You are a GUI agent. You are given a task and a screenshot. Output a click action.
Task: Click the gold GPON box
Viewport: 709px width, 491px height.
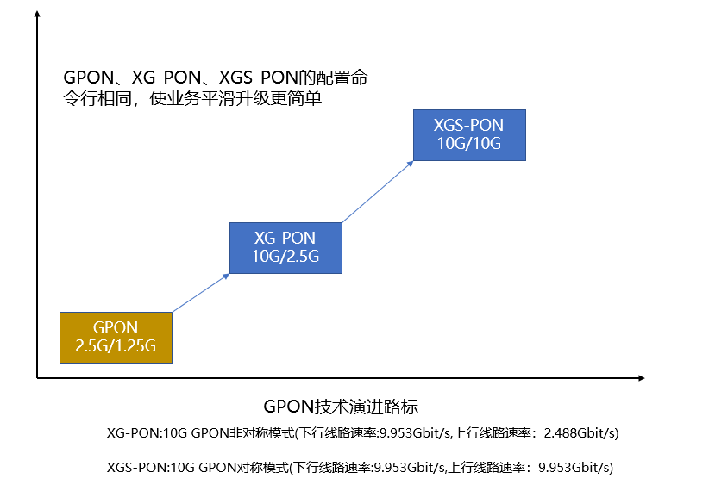[116, 337]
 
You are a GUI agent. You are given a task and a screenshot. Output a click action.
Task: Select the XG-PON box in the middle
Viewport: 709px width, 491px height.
[285, 247]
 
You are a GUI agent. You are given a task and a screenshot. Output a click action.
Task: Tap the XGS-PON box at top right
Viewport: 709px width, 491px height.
[469, 134]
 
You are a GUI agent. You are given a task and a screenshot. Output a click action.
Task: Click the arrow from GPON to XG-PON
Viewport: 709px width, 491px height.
[200, 293]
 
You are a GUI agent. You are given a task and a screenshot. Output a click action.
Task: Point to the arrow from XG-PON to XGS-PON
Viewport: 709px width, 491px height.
[377, 191]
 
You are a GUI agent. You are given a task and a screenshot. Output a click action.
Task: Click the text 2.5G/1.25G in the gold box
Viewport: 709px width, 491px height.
[116, 346]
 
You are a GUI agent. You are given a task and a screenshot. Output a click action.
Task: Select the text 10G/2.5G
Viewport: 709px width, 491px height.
[285, 256]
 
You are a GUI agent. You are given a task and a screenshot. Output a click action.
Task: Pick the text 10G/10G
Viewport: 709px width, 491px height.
[469, 143]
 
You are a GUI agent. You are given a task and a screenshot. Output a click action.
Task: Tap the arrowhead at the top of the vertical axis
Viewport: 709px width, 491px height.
[37, 14]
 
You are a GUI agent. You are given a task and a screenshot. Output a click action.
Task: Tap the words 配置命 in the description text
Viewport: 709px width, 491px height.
[344, 78]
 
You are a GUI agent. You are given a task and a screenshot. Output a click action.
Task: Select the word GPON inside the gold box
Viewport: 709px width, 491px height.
[116, 327]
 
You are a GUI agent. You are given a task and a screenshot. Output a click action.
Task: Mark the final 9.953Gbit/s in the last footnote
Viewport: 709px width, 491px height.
[575, 468]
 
